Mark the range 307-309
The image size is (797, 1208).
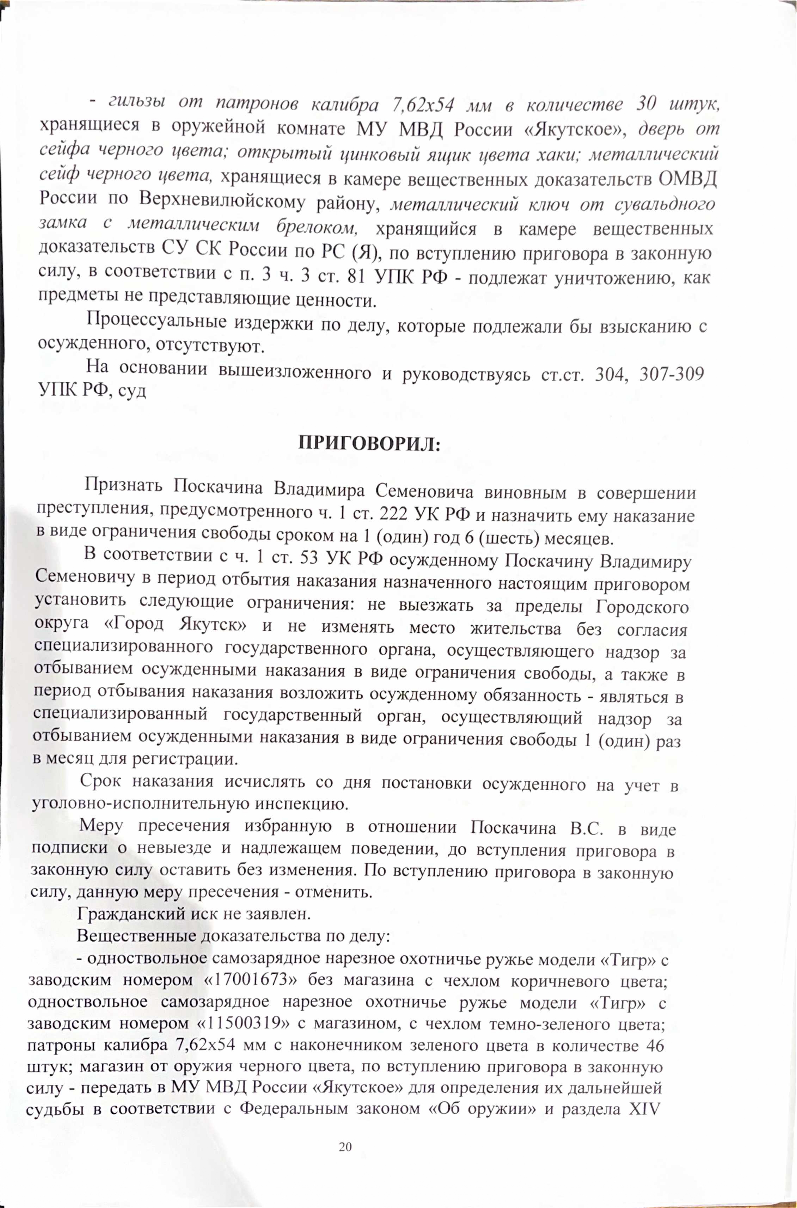click(671, 374)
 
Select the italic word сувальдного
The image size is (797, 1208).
click(664, 204)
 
